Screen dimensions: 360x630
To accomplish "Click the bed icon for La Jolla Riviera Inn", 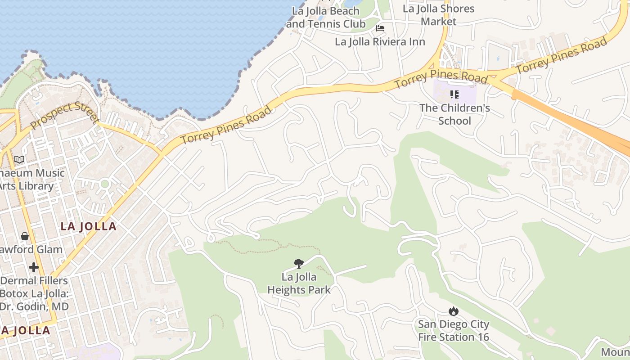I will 380,28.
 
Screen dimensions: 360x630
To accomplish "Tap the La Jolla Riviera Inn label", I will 380,42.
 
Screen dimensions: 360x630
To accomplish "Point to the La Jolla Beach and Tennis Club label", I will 326,18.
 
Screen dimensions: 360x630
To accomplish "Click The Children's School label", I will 454,114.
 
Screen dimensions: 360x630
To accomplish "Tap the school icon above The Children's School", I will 454,94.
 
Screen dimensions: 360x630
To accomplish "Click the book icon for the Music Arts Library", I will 19,160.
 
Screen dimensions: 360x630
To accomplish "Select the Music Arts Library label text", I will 27,179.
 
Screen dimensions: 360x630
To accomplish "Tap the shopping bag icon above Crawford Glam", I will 24,236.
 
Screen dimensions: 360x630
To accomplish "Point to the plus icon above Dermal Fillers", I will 34,267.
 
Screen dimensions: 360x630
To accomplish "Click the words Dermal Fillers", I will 34,281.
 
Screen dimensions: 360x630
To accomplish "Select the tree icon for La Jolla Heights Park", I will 298,264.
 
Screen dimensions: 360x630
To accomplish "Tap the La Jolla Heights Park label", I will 299,283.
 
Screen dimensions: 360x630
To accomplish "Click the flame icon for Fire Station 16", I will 453,311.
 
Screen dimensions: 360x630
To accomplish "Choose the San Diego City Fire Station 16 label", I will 453,330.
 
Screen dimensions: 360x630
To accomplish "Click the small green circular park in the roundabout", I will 105,184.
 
